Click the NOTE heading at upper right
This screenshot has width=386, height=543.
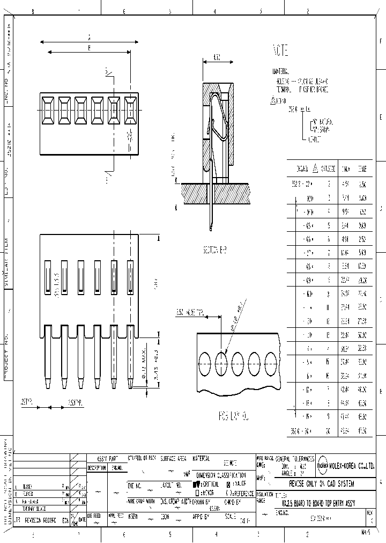281,52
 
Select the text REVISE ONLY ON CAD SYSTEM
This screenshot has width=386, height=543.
322,483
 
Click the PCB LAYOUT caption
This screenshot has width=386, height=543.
234,415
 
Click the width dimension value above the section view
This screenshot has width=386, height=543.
217,57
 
